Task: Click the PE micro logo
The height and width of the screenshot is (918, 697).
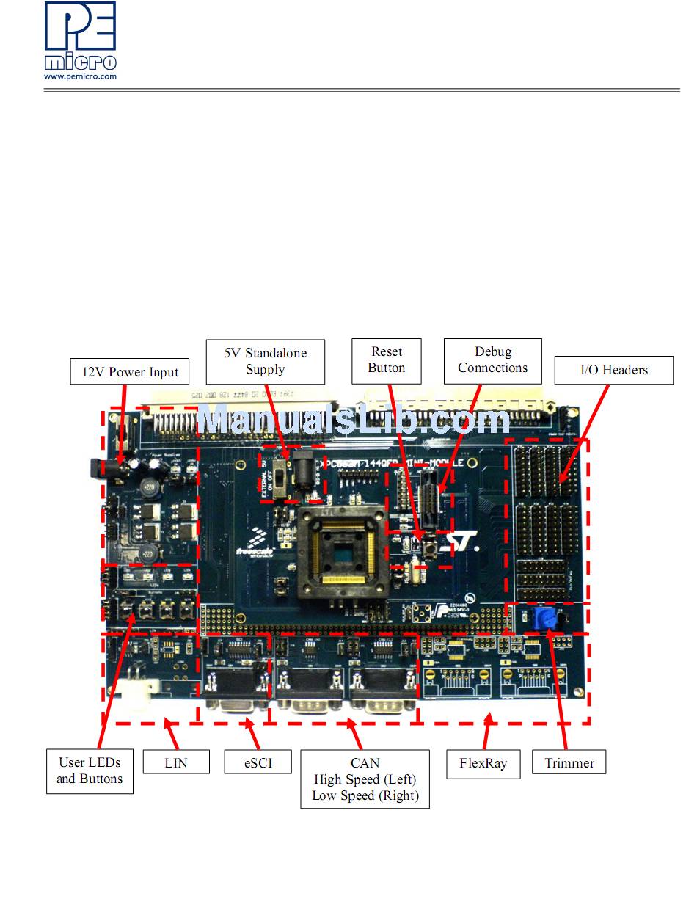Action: point(79,36)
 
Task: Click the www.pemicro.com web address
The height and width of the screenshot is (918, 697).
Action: point(80,76)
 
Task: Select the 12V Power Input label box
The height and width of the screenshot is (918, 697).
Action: point(129,372)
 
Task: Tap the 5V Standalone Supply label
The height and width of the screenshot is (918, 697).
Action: point(265,361)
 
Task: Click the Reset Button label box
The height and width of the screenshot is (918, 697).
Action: point(387,360)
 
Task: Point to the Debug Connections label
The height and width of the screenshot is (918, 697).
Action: point(492,360)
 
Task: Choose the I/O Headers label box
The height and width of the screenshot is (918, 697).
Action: point(613,370)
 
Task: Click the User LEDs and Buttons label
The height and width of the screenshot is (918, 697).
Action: point(90,771)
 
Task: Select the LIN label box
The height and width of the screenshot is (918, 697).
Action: point(176,762)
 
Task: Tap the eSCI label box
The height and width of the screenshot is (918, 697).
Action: point(258,762)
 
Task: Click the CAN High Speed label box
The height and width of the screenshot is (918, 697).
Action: point(365,779)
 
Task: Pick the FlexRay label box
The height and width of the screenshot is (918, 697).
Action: point(483,763)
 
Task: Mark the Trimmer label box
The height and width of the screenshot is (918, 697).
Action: point(569,763)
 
